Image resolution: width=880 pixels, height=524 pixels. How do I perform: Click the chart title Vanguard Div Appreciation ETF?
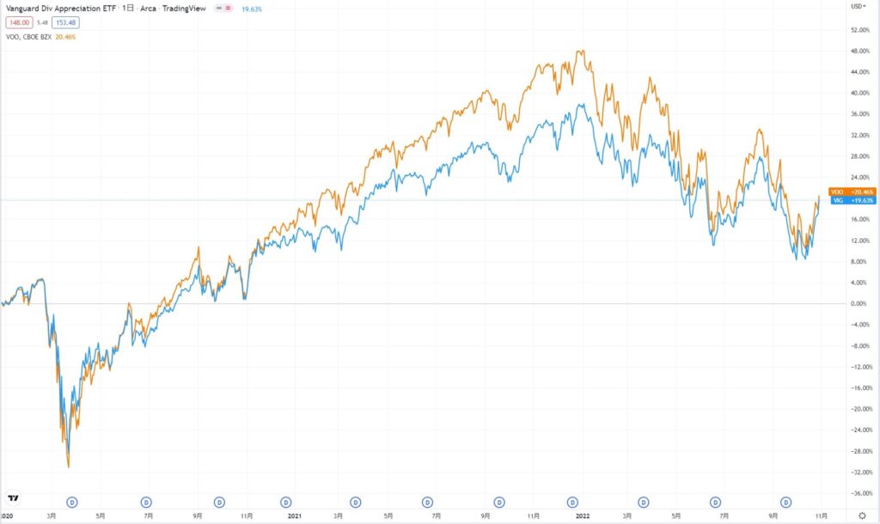[52, 7]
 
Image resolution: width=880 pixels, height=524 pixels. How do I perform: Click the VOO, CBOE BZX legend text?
[26, 37]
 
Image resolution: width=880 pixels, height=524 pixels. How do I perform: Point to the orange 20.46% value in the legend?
[66, 37]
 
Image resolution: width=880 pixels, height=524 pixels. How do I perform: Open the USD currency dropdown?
[858, 6]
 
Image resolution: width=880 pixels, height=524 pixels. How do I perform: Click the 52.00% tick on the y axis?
[859, 29]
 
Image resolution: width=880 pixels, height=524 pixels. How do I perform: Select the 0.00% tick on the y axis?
[859, 303]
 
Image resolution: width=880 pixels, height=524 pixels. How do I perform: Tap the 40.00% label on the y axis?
[859, 93]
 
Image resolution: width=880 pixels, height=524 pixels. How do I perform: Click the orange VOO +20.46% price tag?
[852, 192]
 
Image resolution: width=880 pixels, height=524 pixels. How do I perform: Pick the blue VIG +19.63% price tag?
[852, 200]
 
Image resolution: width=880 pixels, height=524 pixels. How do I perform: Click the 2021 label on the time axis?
[295, 515]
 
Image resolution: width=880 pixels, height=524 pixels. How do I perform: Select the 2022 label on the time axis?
[583, 515]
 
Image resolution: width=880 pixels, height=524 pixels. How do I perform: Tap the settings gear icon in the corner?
[862, 515]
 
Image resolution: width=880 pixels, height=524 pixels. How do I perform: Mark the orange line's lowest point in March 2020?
[69, 467]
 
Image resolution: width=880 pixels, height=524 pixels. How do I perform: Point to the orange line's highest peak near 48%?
[581, 51]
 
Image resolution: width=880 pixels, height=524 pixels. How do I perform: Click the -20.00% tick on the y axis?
[859, 409]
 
